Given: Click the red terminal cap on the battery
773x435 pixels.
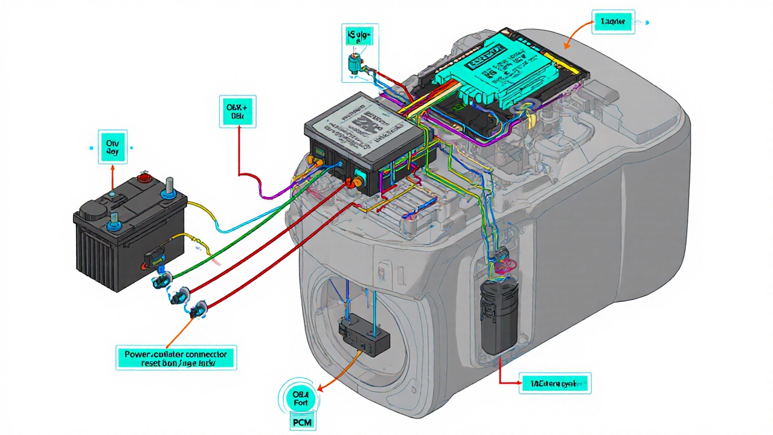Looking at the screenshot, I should click(x=143, y=178).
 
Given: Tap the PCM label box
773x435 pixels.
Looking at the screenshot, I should click(x=302, y=422).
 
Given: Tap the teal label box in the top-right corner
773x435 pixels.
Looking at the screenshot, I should click(x=612, y=22).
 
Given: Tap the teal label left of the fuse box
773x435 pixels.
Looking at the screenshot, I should click(x=237, y=111).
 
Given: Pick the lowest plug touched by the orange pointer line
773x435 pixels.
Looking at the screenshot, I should click(x=198, y=311).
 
